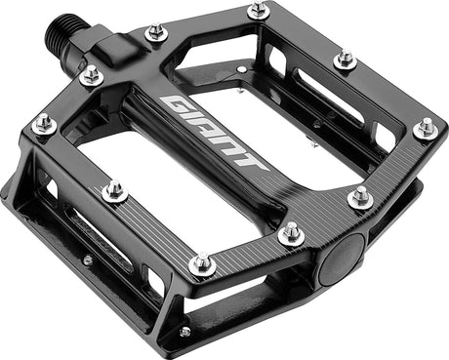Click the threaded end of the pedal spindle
coord(61,37)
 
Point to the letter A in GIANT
coord(209,130)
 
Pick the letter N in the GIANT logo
coord(230,145)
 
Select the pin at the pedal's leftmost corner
coord(43,124)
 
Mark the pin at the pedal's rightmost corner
coord(425,127)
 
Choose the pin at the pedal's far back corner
coord(258,11)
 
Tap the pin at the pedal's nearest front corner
coord(201,263)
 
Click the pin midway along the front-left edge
coord(114,190)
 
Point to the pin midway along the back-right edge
coord(344,59)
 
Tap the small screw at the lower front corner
coord(184,332)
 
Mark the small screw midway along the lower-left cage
coord(87,260)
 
